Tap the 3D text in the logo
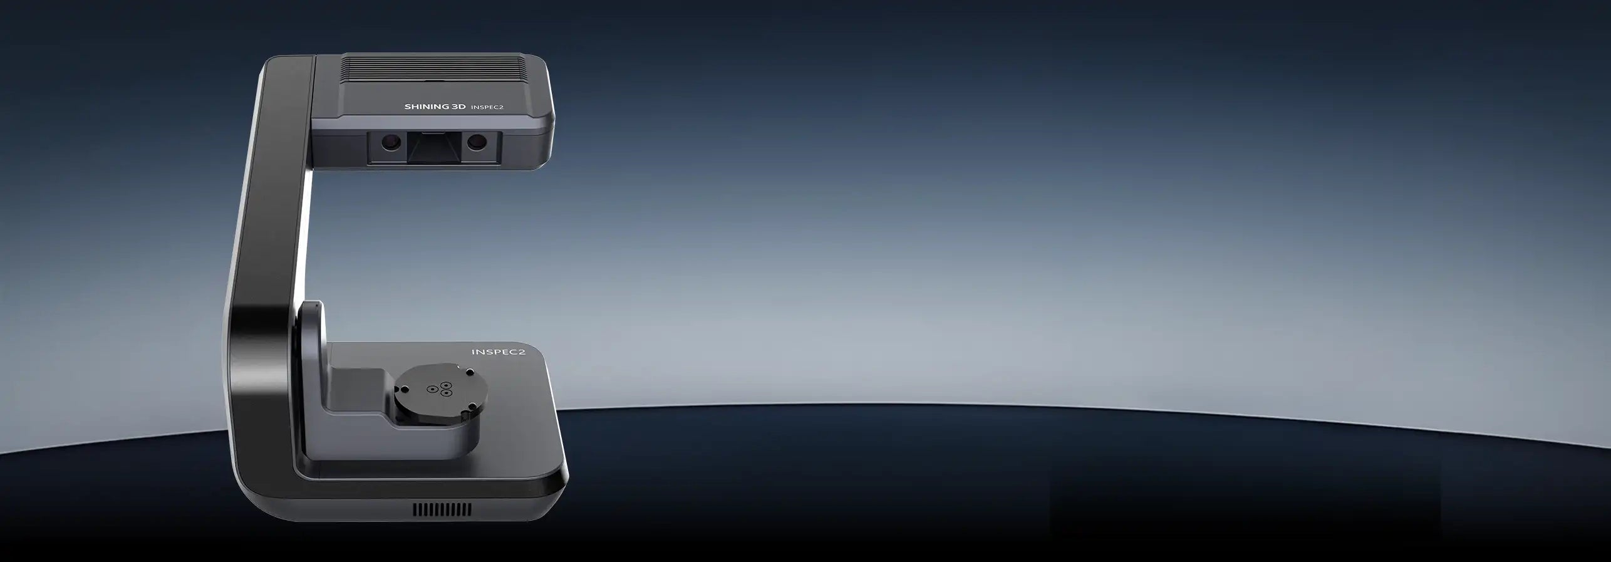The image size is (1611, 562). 459,107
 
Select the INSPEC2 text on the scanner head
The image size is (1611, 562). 487,107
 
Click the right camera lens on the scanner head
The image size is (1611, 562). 476,143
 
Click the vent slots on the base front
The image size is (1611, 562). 442,509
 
